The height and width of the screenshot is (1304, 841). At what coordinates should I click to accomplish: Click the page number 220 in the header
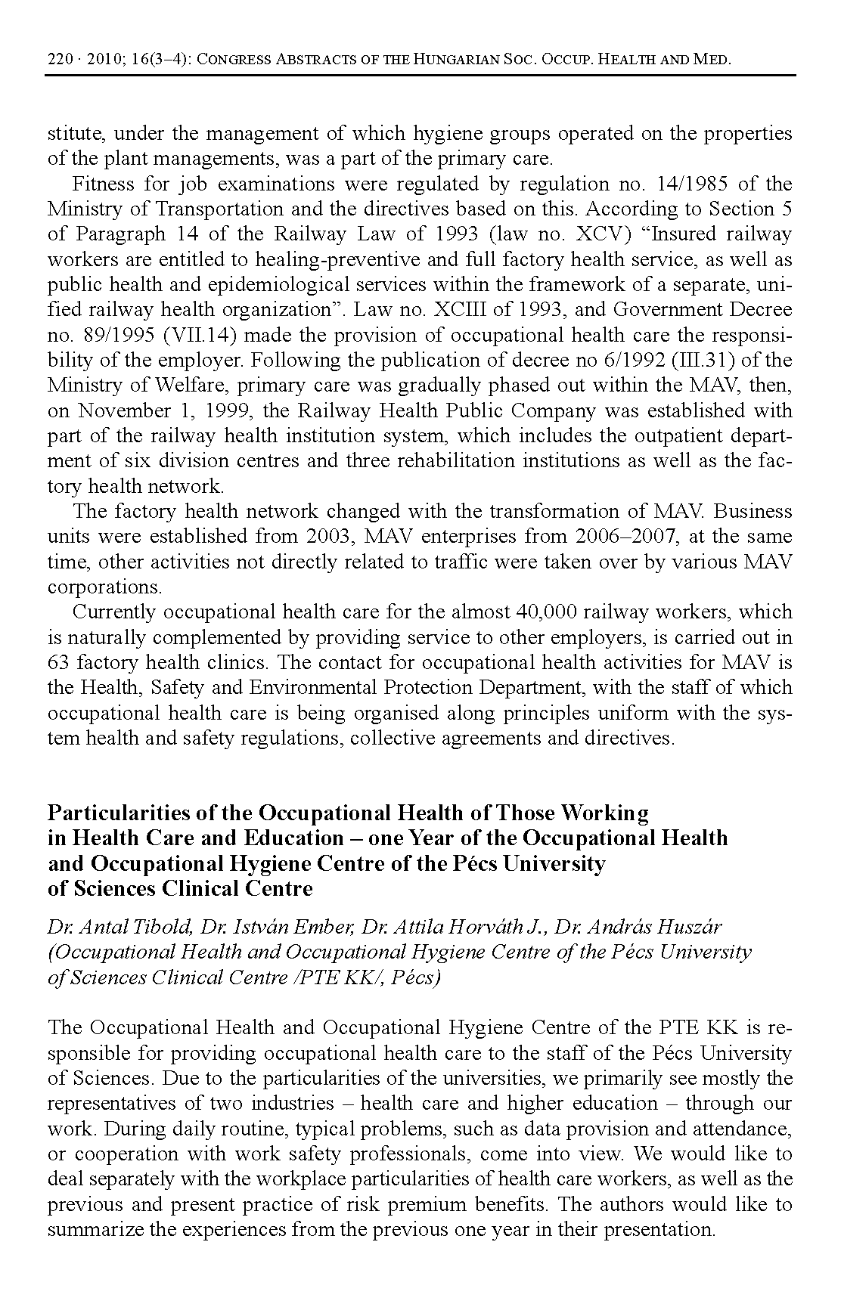tap(60, 59)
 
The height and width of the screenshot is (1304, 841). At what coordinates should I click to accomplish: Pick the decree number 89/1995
tap(109, 335)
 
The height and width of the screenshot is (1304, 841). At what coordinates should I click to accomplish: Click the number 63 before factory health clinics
tap(57, 663)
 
